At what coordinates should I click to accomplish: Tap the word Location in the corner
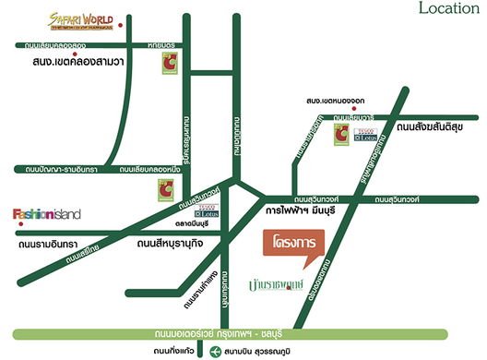(448, 9)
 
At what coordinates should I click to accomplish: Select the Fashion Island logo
(46, 214)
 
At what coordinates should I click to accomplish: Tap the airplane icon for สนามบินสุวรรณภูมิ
(215, 351)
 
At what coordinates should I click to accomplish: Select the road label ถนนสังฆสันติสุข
(434, 126)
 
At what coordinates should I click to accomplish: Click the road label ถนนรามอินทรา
(51, 246)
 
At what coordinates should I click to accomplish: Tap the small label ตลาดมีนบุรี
(194, 222)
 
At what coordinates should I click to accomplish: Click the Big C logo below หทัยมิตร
(169, 63)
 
